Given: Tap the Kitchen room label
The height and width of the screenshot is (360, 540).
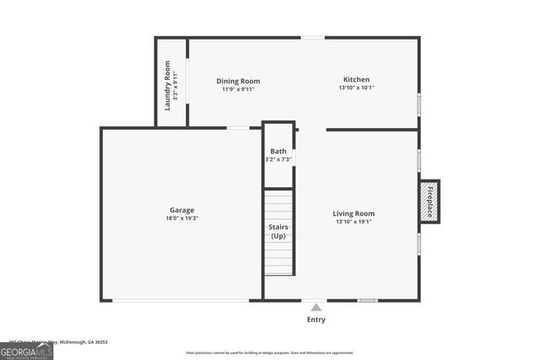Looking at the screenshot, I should click(x=355, y=79).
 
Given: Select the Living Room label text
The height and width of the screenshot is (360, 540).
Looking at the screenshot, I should click(x=354, y=213).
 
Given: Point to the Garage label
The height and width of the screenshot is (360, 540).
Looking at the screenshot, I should click(x=181, y=210).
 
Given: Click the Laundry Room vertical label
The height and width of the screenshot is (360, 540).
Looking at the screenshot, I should click(x=168, y=84).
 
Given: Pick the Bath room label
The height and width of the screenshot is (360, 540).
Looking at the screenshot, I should click(x=278, y=152).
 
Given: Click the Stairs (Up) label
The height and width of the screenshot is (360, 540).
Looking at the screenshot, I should click(x=278, y=232).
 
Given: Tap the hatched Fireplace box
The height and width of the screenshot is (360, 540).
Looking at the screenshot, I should click(x=429, y=202).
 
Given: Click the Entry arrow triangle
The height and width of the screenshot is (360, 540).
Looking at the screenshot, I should click(x=316, y=308).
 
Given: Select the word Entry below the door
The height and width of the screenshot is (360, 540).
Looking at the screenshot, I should click(x=316, y=320).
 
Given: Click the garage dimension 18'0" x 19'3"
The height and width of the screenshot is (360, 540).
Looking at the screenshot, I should click(x=181, y=218).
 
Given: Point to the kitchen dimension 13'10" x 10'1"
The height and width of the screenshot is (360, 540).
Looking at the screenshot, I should click(x=355, y=88).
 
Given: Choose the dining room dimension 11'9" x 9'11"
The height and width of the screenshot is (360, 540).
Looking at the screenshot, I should click(x=238, y=89).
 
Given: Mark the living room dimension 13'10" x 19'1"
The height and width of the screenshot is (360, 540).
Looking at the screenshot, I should click(x=354, y=222).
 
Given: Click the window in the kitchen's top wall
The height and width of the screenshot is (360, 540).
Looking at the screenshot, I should click(x=312, y=37).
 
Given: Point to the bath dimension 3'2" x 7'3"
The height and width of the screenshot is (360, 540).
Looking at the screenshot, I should click(x=278, y=159).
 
